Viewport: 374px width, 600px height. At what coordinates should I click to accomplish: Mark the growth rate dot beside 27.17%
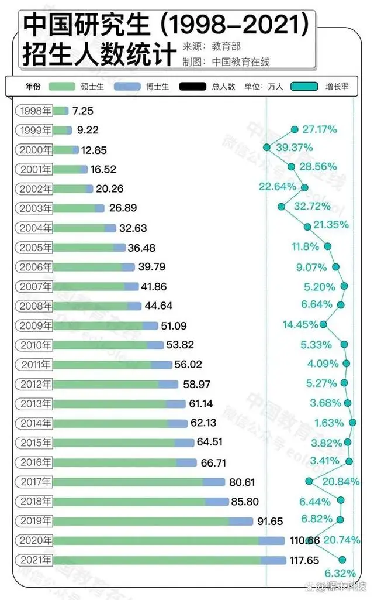295,129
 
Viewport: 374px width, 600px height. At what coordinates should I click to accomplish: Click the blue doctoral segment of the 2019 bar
240,521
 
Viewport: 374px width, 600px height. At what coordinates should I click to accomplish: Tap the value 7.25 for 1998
83,111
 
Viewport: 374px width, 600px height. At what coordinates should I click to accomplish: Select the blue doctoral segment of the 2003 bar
99,208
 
